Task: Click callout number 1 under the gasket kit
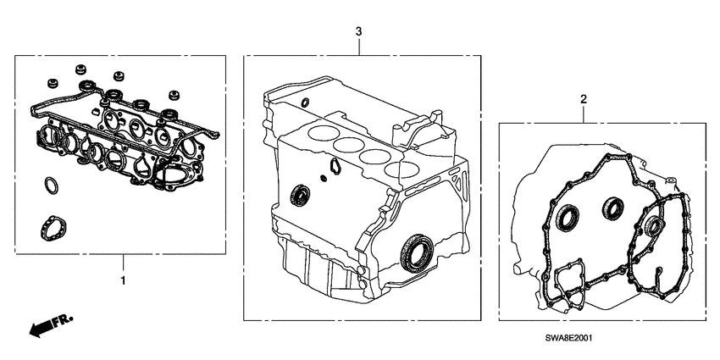[x=124, y=279]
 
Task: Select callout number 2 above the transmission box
[x=583, y=100]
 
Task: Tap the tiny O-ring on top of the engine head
[x=304, y=103]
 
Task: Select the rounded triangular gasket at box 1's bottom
[x=54, y=227]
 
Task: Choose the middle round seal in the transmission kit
[x=611, y=206]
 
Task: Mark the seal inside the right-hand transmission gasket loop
[x=653, y=225]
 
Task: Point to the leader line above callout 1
[x=124, y=261]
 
